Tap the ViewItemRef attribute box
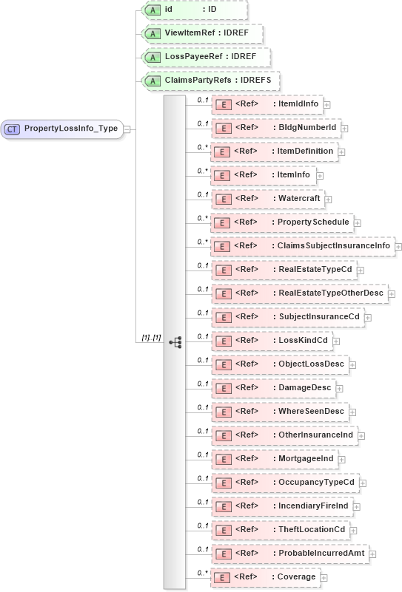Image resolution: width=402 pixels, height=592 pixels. tap(201, 34)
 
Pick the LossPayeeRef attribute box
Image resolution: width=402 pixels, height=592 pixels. tap(205, 57)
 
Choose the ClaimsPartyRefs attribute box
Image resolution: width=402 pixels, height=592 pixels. tap(211, 81)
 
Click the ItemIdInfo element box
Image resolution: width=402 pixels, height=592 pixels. tap(267, 104)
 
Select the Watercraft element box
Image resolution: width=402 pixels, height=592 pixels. tap(267, 199)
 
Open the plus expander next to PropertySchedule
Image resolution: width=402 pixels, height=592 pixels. tap(357, 222)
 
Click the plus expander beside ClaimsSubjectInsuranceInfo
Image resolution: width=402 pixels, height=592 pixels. tap(398, 246)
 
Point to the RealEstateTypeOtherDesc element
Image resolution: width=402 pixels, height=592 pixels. tap(299, 293)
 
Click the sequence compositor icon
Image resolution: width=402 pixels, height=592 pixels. tap(175, 342)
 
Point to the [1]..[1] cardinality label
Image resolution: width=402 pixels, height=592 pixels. tap(151, 338)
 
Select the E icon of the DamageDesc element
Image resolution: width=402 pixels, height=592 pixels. tap(223, 388)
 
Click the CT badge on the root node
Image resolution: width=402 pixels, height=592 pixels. tap(12, 129)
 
